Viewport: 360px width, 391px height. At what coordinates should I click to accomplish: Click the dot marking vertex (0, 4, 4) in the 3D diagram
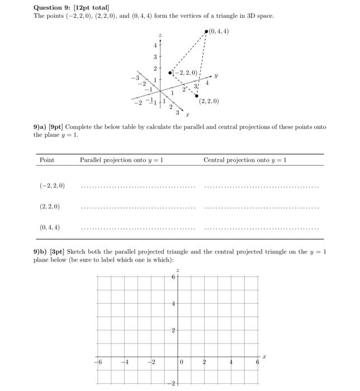206,32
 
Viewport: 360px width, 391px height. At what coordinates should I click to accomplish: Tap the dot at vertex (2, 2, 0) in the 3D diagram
196,96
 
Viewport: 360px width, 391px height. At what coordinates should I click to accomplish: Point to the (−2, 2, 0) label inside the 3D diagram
185,73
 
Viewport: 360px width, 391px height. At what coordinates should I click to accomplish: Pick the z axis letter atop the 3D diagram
160,35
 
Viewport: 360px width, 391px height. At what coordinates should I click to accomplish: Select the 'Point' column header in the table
47,160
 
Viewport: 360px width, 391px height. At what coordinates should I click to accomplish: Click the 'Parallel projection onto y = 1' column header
121,160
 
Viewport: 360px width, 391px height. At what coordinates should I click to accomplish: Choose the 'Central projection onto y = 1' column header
245,160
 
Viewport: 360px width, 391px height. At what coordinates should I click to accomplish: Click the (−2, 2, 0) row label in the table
52,185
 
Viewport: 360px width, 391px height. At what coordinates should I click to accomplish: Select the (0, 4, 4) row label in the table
50,227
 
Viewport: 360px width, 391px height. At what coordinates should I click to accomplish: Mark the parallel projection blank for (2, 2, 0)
138,208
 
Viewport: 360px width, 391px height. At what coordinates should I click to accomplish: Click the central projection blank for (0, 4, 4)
262,229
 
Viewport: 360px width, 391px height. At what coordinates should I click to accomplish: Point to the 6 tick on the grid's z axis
173,277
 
